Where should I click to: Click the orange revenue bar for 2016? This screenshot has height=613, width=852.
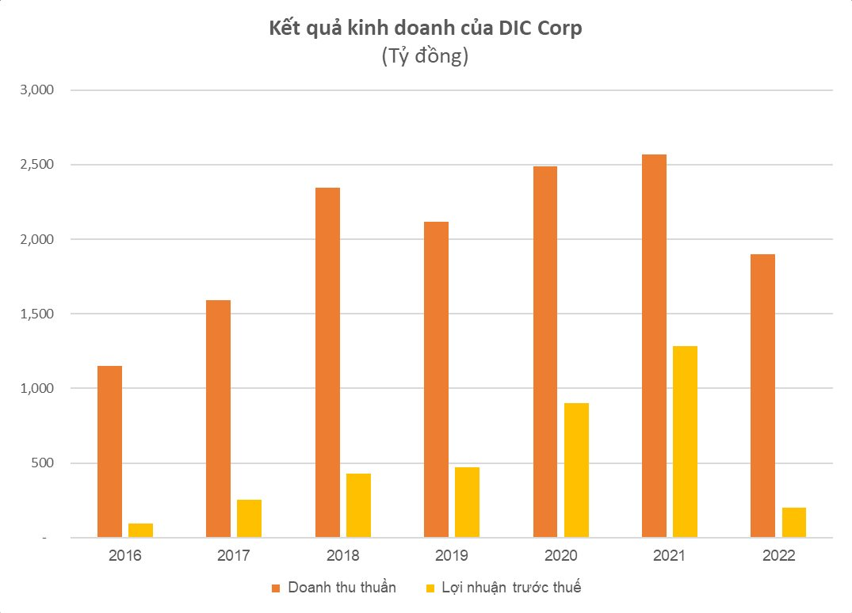coord(109,451)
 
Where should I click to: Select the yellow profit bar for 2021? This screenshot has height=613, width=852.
coord(686,442)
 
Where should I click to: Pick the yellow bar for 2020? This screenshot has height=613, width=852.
coord(576,470)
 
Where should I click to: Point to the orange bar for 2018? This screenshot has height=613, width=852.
coord(327,363)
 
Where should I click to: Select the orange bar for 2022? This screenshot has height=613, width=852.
coord(762,396)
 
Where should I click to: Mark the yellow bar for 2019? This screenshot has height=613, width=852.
coord(468,502)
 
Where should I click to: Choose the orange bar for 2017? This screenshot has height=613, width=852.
coord(218,419)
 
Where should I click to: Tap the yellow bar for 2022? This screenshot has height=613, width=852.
coord(794,523)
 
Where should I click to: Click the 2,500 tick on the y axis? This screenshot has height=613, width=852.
coord(36,165)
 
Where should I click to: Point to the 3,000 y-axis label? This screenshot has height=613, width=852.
coord(36,90)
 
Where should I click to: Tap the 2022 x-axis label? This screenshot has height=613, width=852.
coord(780,555)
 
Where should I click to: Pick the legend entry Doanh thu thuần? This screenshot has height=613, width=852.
coord(342,587)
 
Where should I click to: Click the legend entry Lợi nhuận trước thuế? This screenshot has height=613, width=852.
coord(513,587)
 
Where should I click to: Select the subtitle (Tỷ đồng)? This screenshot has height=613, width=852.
coord(426,57)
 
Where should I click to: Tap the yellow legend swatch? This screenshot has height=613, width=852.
coord(431,588)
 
